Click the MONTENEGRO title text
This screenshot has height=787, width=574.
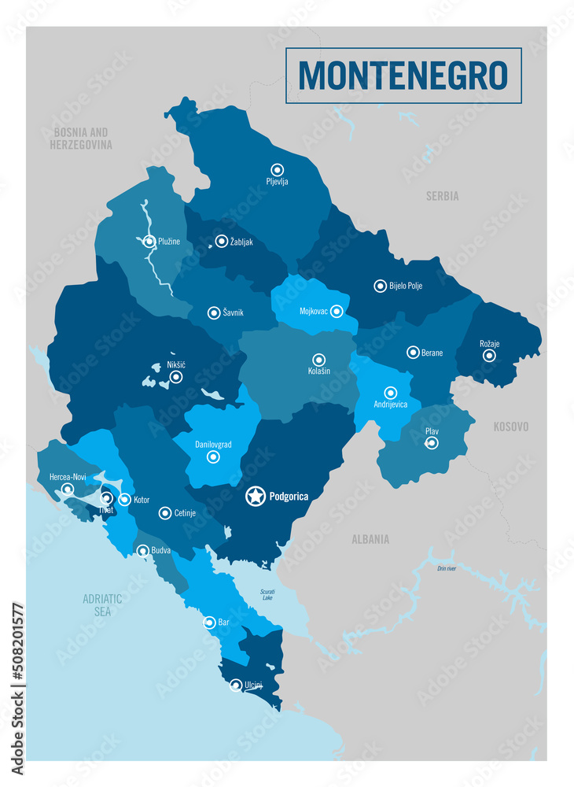coord(403,76)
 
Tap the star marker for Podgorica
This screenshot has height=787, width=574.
coord(256,497)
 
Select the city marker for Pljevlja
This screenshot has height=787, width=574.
coord(277,169)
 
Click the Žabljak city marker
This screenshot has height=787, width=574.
coord(222,242)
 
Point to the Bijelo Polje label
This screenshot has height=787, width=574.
coord(406,286)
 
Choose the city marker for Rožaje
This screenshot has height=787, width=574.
coord(489,356)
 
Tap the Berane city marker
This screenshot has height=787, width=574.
coord(413,353)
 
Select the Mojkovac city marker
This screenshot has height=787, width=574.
coord(337,311)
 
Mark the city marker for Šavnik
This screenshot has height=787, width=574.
coord(213,312)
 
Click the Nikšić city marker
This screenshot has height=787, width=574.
coord(176,377)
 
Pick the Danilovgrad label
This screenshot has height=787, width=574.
coord(213,445)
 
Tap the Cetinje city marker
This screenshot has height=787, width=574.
coord(164,513)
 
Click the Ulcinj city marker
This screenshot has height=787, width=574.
coord(235,685)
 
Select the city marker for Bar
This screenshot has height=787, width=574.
coord(209,623)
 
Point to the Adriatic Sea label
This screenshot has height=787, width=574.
coord(102,605)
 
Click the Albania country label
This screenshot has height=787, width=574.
coord(370,539)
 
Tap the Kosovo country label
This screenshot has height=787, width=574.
coord(511,427)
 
